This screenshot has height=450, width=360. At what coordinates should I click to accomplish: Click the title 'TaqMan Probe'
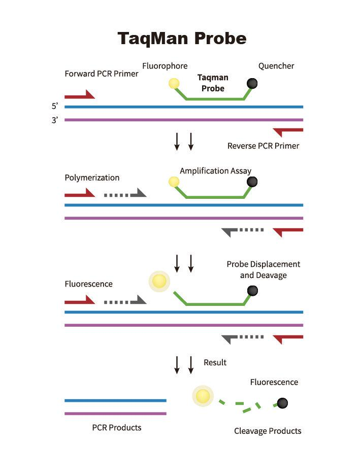click(x=182, y=39)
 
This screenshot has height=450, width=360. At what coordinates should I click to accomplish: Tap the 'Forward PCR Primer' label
click(x=102, y=74)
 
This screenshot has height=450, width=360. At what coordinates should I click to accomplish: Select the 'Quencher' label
click(x=276, y=66)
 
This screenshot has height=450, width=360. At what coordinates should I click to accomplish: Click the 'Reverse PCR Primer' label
click(x=263, y=146)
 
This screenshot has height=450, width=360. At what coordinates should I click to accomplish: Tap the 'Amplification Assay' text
click(x=215, y=171)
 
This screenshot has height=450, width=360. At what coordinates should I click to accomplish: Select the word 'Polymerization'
click(x=92, y=178)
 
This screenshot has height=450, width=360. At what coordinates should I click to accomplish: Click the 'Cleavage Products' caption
click(x=268, y=431)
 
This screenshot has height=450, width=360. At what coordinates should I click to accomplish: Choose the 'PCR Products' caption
click(x=116, y=427)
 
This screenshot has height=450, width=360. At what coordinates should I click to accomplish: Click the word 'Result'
click(x=215, y=362)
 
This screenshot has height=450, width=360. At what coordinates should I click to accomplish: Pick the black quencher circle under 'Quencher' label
click(x=252, y=83)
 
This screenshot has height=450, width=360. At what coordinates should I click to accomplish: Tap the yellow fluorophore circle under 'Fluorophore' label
click(x=174, y=83)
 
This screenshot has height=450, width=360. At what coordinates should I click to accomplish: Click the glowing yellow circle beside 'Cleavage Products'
click(x=203, y=395)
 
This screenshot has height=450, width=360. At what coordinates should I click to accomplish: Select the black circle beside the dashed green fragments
click(x=282, y=403)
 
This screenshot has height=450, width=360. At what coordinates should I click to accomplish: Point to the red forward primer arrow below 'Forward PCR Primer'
click(x=80, y=95)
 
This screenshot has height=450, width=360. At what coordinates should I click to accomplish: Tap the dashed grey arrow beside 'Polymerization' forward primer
click(x=125, y=194)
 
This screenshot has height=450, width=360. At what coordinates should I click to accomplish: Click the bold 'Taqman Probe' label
click(x=213, y=83)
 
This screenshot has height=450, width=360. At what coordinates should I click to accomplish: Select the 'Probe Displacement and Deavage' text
click(x=263, y=269)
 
